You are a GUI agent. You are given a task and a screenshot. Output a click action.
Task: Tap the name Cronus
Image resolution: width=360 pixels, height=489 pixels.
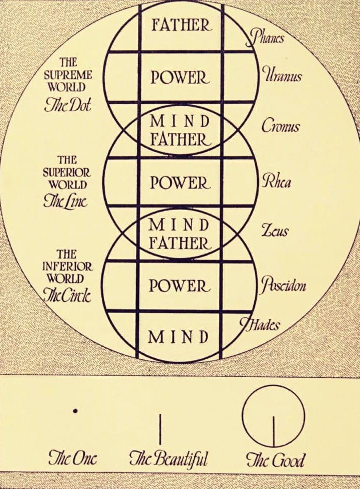click(281, 126)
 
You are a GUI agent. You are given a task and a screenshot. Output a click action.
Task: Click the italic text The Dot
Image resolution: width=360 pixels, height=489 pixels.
click(67, 106)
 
